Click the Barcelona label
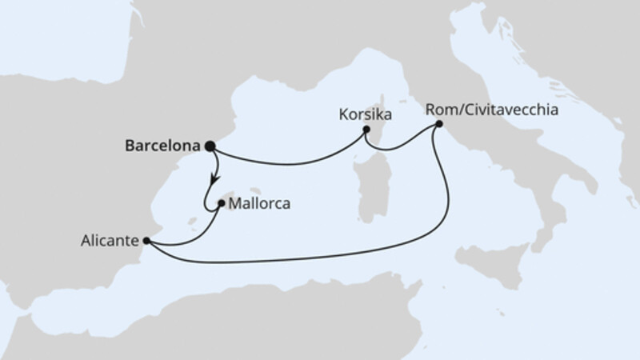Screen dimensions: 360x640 click(x=163, y=146)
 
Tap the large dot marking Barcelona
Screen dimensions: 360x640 click(x=210, y=146)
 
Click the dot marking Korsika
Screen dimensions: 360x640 click(x=366, y=129)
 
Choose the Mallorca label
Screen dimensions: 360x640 click(x=258, y=204)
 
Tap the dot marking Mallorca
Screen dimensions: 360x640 click(x=220, y=203)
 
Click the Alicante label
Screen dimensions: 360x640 click(x=108, y=239)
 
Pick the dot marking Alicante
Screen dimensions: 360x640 click(x=146, y=239)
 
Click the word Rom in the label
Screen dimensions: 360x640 click(x=442, y=110)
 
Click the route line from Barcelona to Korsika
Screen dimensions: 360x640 click(x=288, y=163)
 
